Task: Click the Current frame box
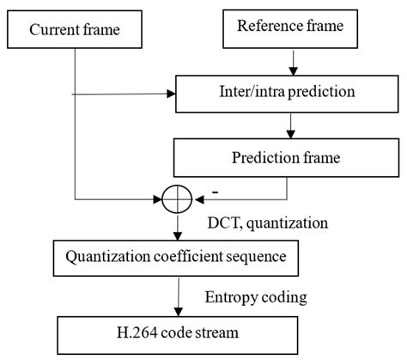pos(75,31)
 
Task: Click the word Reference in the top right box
pos(265,27)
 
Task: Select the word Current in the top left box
pos(55,32)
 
